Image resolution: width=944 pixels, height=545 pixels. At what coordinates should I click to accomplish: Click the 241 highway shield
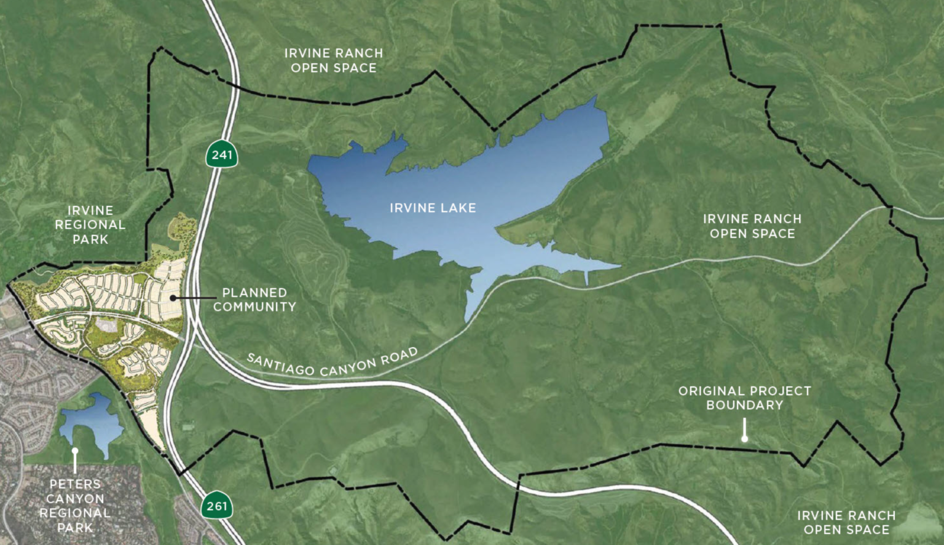[222, 154]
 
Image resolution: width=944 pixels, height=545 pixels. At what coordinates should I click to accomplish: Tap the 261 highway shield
[216, 506]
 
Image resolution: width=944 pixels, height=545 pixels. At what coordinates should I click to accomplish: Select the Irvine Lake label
[433, 208]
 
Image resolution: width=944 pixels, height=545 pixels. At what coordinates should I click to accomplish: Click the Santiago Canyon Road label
[332, 362]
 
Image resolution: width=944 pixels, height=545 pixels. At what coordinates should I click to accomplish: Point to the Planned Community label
[254, 300]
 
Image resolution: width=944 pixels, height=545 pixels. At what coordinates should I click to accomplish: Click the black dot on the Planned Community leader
[173, 297]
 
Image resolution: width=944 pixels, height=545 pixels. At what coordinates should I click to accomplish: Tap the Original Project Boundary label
[744, 398]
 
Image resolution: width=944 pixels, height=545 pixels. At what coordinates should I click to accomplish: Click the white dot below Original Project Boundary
[744, 439]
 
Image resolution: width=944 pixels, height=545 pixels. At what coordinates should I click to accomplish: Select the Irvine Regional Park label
[90, 225]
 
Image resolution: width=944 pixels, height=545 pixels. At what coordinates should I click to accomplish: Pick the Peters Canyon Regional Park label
[75, 506]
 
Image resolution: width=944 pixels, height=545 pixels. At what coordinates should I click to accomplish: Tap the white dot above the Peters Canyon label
[75, 450]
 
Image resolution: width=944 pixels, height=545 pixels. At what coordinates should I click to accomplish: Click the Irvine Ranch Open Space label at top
[334, 61]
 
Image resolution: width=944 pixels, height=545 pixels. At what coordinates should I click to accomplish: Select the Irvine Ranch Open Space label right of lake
[752, 226]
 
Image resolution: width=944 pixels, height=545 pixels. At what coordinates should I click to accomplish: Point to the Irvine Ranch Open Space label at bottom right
[846, 523]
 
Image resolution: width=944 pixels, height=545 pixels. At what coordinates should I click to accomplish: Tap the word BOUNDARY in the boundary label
[744, 406]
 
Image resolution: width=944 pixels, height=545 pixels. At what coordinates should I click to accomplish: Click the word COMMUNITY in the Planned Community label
[254, 307]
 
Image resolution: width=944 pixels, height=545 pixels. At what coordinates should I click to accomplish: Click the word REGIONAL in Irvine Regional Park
[90, 225]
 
